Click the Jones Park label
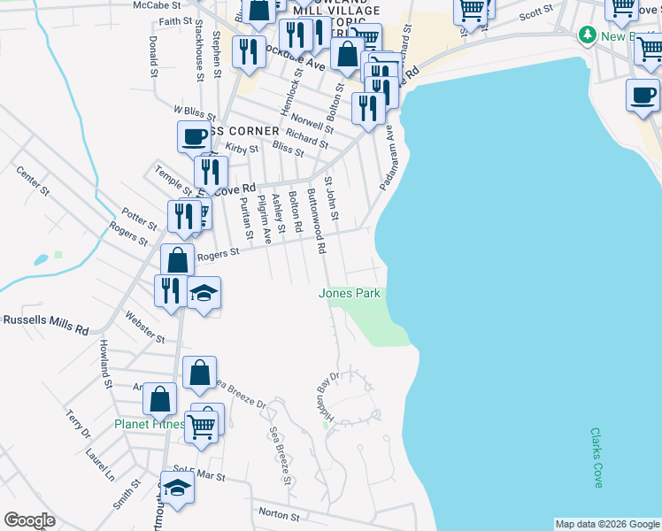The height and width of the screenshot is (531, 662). tap(350, 293)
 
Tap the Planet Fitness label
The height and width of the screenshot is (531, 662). tap(149, 424)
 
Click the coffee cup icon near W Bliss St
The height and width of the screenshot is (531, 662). tap(194, 137)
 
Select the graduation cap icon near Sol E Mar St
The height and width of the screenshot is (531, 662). tap(178, 489)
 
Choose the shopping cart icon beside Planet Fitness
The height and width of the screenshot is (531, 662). tap(202, 427)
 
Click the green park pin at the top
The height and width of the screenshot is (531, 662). tap(586, 35)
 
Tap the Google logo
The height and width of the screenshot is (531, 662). tap(29, 520)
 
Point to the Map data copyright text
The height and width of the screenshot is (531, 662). tap(607, 524)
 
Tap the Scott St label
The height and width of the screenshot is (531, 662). tap(535, 12)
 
